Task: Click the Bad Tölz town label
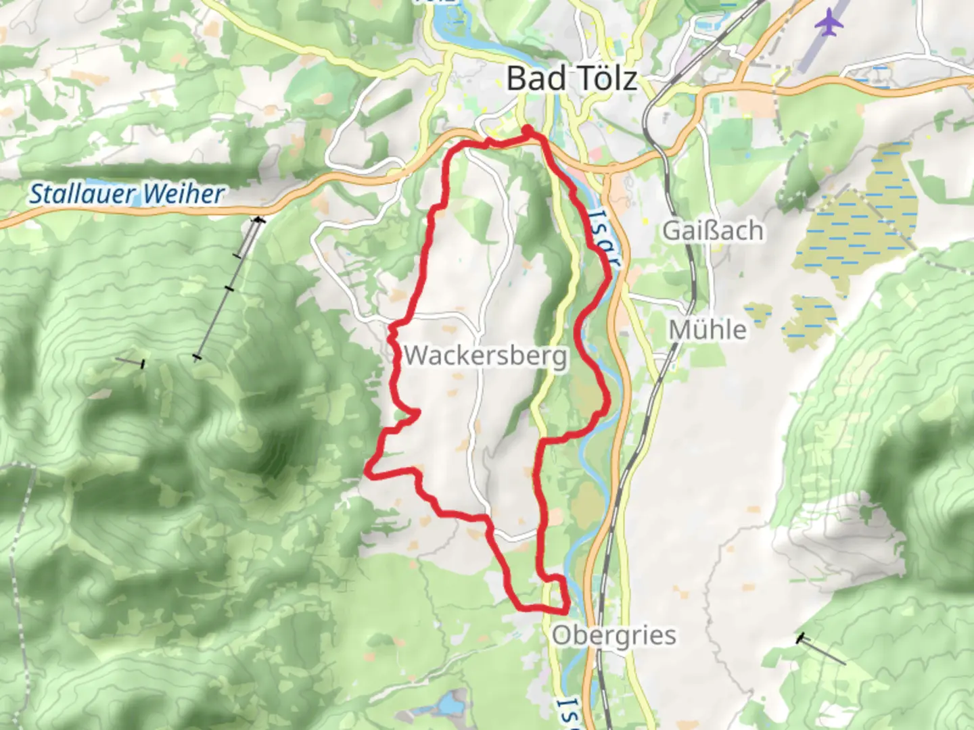(572, 78)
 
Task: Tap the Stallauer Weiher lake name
(126, 194)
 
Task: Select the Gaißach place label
(713, 230)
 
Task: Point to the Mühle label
(708, 330)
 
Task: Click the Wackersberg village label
(485, 355)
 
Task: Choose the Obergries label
(613, 635)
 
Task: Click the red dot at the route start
(526, 129)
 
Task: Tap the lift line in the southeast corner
(822, 650)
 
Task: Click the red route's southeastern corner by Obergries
(565, 609)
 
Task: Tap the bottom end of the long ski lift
(197, 357)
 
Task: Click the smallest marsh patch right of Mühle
(758, 314)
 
